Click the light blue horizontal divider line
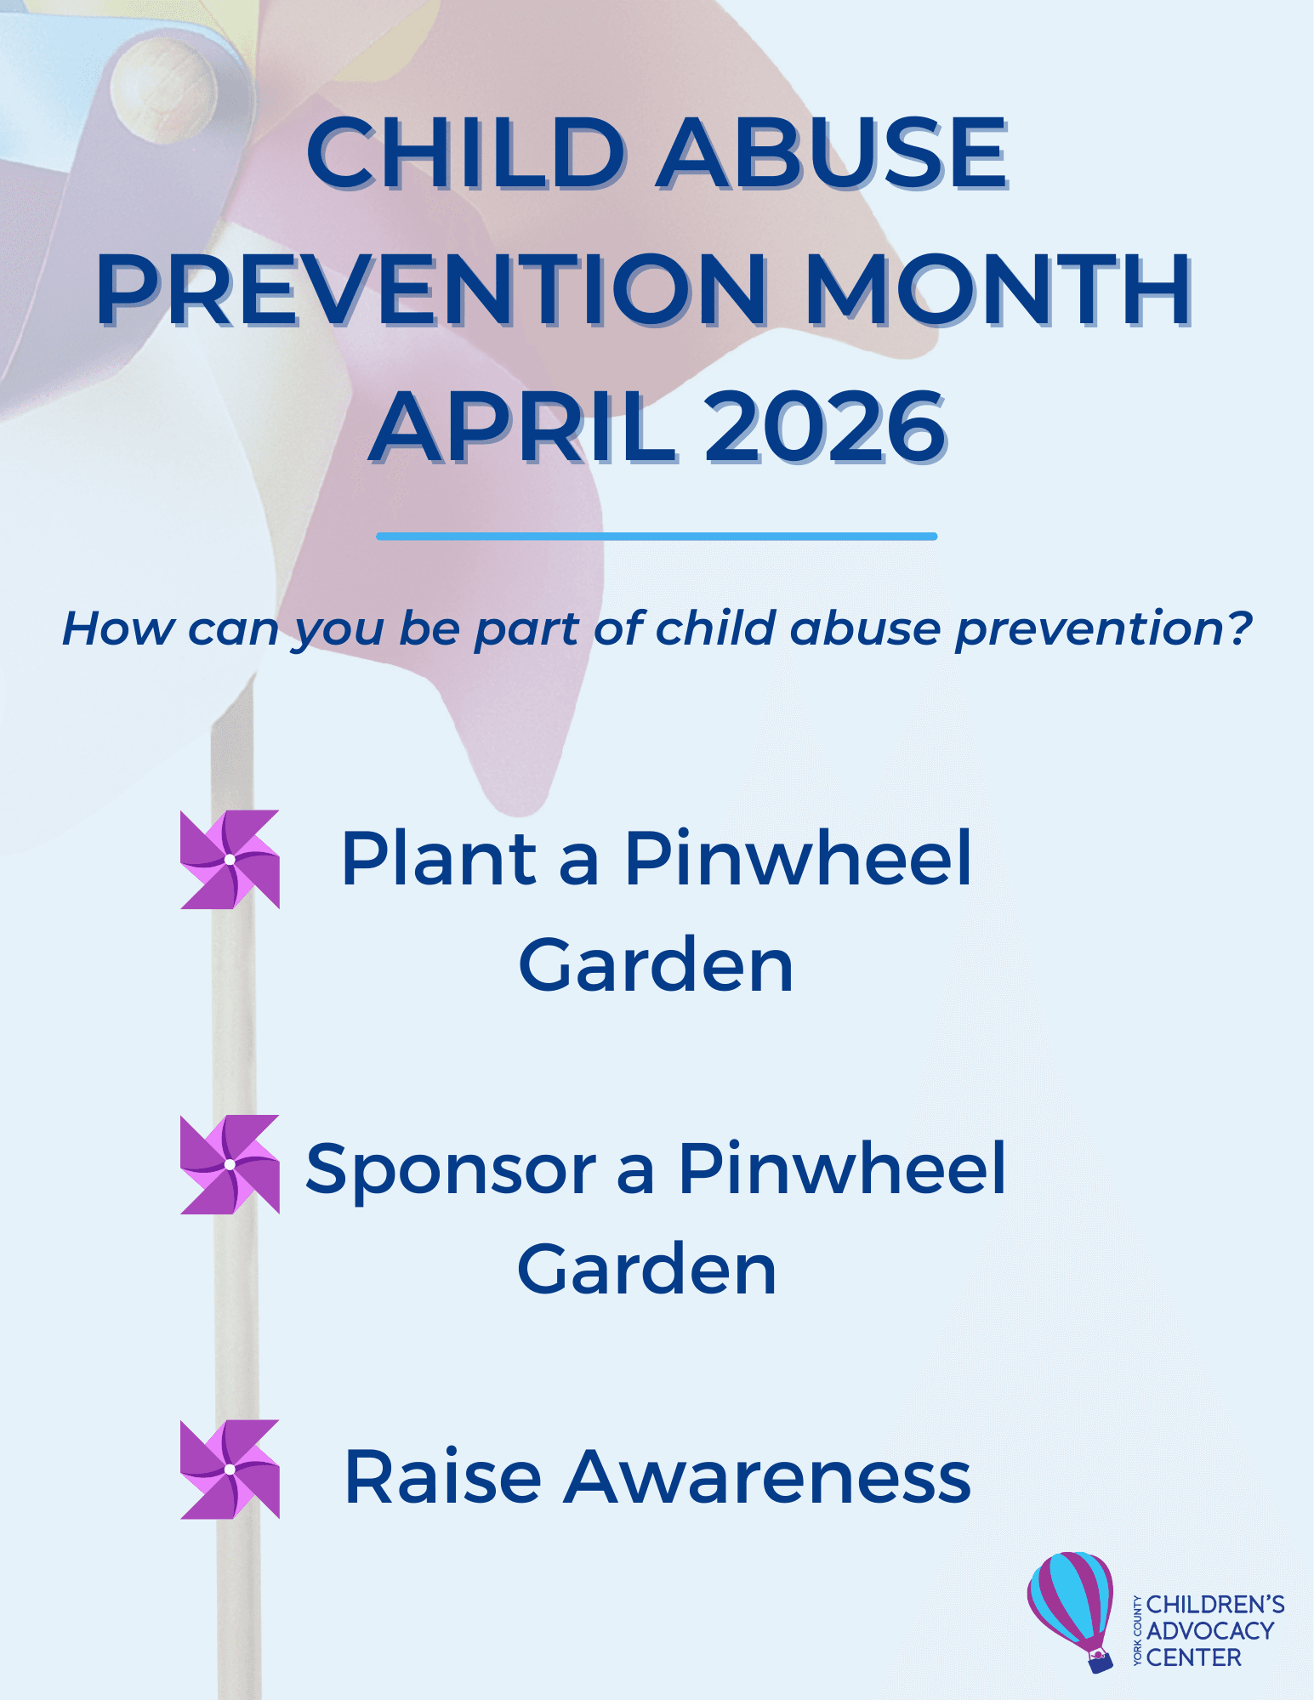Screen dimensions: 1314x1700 coord(657,537)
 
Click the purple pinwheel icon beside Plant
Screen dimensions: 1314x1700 coord(230,860)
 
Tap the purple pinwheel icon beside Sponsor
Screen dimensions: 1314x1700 coord(230,1164)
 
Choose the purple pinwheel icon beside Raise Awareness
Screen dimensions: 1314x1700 coord(230,1469)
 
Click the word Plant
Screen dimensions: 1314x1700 coord(439,858)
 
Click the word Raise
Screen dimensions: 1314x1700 coord(442,1477)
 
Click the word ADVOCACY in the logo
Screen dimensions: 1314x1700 coord(1210,1631)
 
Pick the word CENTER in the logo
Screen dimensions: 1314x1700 coord(1194,1657)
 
